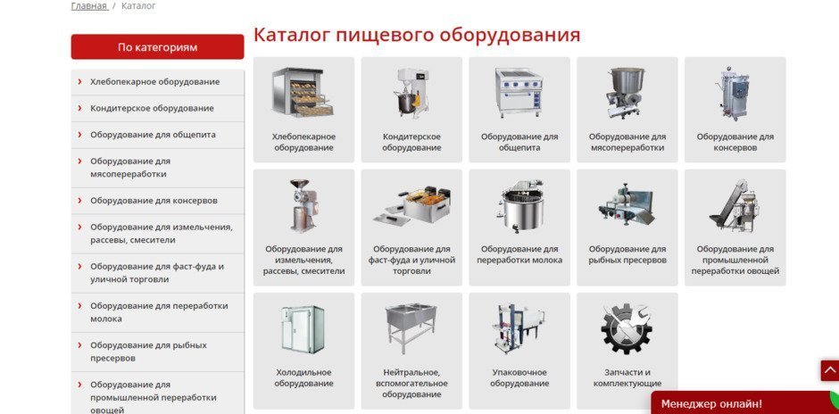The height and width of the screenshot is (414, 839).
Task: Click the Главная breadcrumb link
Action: (x=89, y=6)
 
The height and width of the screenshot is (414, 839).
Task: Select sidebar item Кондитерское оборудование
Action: (x=152, y=108)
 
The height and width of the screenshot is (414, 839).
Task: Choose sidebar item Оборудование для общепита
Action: (x=153, y=134)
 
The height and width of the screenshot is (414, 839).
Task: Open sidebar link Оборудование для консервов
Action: (x=154, y=201)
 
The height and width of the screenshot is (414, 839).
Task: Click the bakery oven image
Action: (x=303, y=92)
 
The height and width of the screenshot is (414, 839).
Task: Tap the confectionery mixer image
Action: (x=411, y=92)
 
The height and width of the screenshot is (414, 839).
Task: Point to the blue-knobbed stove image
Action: (x=519, y=92)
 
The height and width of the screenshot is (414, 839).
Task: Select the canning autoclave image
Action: (x=735, y=93)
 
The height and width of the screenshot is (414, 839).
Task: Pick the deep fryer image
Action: (x=411, y=205)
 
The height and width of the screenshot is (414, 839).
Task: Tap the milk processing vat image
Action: (x=519, y=205)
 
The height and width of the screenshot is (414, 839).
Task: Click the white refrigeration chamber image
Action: (x=303, y=329)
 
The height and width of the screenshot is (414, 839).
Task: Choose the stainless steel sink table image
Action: (x=411, y=328)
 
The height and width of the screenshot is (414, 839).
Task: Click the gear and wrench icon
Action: (x=627, y=328)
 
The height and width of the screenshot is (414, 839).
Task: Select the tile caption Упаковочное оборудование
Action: (x=519, y=377)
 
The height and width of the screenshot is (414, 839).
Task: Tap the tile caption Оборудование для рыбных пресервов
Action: (x=627, y=254)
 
